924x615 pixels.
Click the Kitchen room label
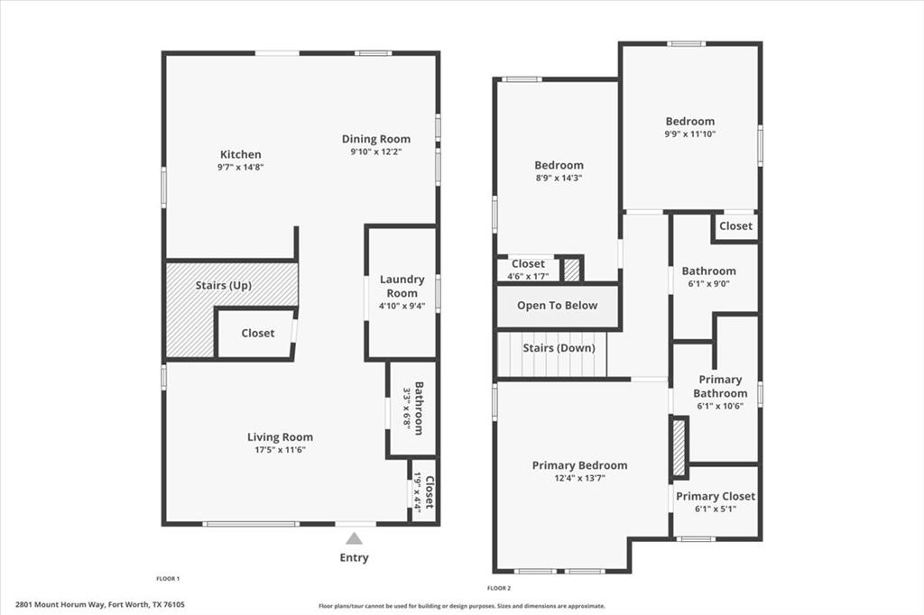(240, 154)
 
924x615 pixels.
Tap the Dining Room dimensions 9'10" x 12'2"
(375, 152)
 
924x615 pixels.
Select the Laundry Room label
(402, 286)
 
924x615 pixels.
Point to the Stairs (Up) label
(223, 286)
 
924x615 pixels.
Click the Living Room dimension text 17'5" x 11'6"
(280, 450)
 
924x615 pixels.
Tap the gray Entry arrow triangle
(355, 538)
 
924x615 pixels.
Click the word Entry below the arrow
(355, 558)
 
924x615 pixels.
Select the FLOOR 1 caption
(168, 578)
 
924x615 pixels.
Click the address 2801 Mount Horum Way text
(106, 605)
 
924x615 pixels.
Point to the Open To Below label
(557, 306)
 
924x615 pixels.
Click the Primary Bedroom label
(579, 465)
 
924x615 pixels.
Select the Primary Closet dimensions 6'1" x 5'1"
(716, 509)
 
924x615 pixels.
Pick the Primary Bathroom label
(720, 386)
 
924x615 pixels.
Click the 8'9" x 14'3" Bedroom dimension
(559, 178)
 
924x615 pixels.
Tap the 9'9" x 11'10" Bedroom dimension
(690, 134)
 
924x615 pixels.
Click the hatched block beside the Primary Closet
(679, 448)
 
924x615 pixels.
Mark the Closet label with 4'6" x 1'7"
(528, 264)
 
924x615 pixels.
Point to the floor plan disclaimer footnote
(461, 606)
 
